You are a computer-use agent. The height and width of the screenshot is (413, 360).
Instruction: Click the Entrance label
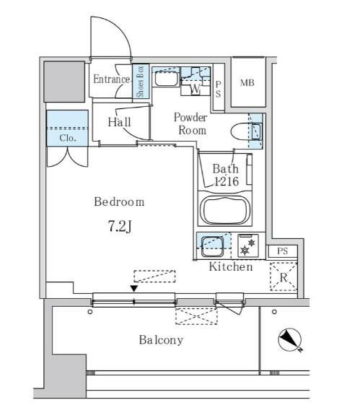coord(112,79)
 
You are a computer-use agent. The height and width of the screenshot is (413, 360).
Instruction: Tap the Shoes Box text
coord(140,82)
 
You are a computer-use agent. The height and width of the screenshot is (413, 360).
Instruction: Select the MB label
coord(247,83)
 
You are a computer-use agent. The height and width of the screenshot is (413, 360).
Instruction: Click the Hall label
coord(120,122)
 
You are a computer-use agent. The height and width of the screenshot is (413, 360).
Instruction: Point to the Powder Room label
coord(190,123)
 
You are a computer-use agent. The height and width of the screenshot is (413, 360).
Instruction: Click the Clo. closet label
coord(68,138)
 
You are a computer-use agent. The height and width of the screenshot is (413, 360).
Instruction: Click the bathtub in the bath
coord(225,210)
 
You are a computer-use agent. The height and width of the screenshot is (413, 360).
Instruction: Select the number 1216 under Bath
coord(227,181)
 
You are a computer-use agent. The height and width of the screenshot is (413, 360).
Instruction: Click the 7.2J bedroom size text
coord(120,226)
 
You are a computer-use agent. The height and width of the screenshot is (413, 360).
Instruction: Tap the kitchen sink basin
coord(212,246)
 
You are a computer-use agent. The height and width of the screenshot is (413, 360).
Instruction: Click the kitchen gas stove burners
coord(248,245)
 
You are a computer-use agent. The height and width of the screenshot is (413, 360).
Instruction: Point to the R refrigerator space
coord(284,277)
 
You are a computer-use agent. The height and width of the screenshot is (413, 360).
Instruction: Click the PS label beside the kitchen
coord(283,251)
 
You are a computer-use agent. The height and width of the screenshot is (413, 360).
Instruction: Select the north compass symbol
coord(290,340)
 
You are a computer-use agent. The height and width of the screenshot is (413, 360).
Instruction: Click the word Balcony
coord(161,340)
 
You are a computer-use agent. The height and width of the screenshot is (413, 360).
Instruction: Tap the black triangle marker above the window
coord(134,289)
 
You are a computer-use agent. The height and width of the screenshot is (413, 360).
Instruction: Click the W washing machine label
coord(196,89)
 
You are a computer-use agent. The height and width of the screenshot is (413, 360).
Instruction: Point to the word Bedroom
coord(120,201)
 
